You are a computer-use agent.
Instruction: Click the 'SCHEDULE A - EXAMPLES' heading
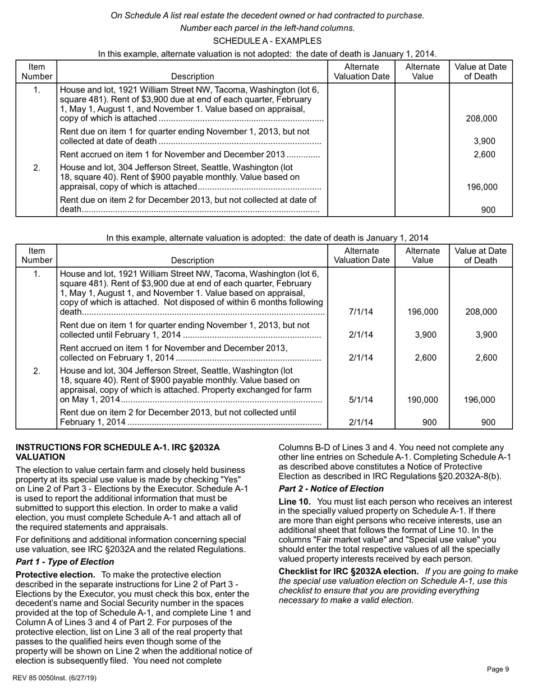267,41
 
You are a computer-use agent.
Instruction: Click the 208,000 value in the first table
481,118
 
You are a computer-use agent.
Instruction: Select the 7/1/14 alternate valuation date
361,312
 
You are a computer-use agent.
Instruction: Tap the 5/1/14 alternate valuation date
361,400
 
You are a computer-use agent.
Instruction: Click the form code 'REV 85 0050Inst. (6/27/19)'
54,678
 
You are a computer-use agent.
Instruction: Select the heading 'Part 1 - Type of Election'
65,562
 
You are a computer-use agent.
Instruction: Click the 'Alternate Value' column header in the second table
422,255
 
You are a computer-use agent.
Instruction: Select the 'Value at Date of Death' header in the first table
480,71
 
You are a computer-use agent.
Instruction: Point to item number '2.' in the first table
36,167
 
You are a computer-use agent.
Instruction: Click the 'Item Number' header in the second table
36,255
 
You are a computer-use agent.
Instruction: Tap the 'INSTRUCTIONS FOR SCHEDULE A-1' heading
117,452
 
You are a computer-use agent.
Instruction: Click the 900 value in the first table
488,210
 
